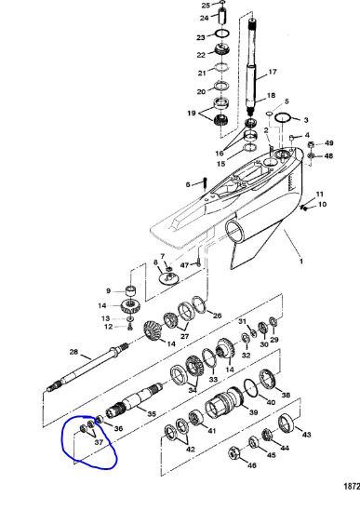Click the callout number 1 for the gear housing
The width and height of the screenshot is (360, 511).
(301, 261)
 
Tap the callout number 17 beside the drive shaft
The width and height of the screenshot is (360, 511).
(272, 72)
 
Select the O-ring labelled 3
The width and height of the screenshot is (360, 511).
(283, 117)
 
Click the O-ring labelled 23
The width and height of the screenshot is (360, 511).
(222, 34)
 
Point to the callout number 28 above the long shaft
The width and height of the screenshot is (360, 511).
(74, 352)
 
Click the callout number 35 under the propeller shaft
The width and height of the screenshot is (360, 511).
(152, 414)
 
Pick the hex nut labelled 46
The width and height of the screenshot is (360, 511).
(233, 453)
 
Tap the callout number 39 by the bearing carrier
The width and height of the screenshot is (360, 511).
(253, 412)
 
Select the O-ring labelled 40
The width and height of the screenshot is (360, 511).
(251, 387)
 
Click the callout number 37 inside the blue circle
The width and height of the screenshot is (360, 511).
(99, 442)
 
